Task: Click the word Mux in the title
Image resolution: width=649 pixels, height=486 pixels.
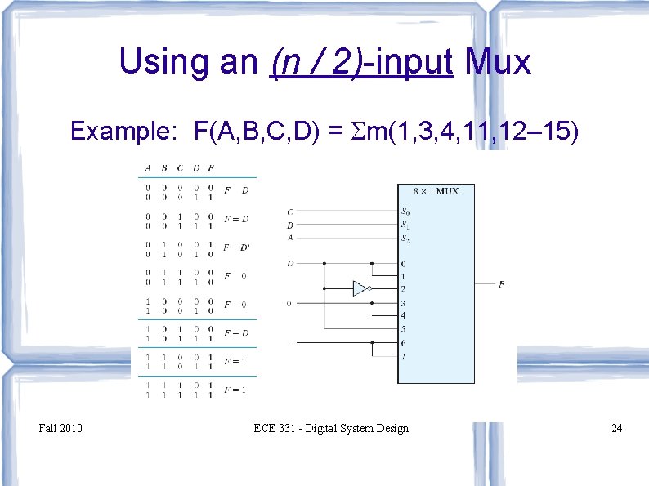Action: click(x=498, y=62)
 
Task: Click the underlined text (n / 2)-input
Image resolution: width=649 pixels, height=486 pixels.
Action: click(x=360, y=62)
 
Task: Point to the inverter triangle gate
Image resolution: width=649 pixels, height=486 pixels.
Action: click(x=360, y=288)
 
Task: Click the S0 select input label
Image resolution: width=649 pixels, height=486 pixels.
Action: click(x=405, y=212)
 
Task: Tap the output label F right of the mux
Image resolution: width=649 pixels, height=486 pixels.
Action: click(x=501, y=284)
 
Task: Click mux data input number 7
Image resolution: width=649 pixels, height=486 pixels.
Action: click(x=403, y=356)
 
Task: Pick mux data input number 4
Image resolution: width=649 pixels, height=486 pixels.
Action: click(x=403, y=315)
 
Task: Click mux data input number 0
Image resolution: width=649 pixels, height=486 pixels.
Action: click(x=403, y=264)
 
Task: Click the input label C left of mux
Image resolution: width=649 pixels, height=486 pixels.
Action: click(x=290, y=212)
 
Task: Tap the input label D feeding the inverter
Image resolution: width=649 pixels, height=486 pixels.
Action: click(x=290, y=264)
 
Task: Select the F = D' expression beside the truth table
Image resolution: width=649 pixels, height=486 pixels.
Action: click(x=237, y=247)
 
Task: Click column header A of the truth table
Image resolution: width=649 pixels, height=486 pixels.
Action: click(x=148, y=169)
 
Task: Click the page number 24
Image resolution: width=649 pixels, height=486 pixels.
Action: click(x=616, y=428)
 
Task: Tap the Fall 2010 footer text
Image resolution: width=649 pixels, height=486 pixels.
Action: click(x=60, y=428)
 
